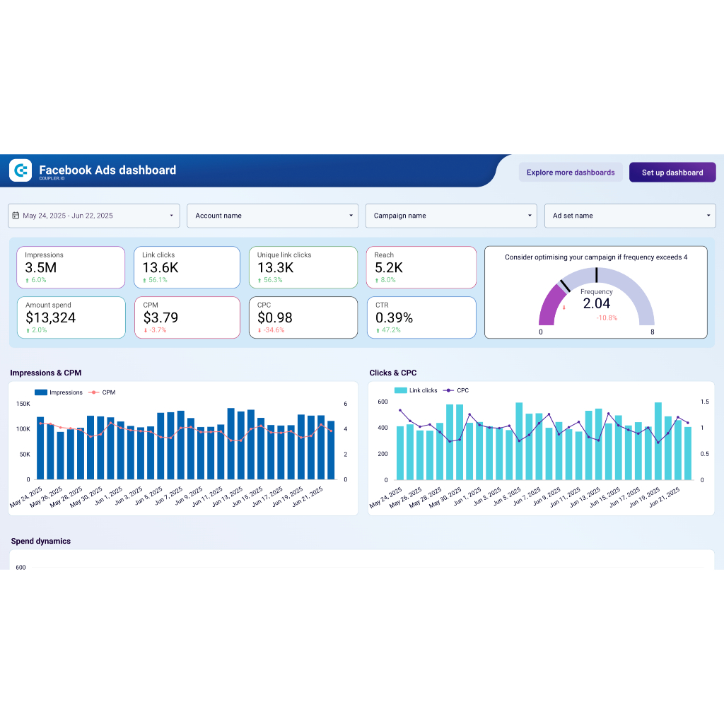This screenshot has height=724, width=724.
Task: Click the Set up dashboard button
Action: click(x=672, y=173)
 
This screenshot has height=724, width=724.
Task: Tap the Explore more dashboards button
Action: click(x=571, y=173)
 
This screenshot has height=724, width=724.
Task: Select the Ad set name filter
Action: click(x=629, y=216)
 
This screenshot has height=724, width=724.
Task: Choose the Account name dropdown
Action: click(x=272, y=216)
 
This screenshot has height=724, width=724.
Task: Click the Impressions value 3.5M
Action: click(x=41, y=268)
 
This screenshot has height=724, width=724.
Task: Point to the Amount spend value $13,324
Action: click(x=51, y=318)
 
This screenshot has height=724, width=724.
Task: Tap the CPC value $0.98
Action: click(x=275, y=318)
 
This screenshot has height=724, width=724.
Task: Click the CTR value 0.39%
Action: click(x=395, y=318)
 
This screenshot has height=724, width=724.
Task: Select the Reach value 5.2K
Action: click(x=389, y=268)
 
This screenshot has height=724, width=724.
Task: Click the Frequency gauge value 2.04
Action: click(x=596, y=304)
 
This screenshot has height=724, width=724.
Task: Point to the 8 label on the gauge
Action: click(x=652, y=332)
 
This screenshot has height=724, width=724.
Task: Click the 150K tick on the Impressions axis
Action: click(x=23, y=404)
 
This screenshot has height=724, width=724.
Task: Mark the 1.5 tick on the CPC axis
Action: click(x=705, y=402)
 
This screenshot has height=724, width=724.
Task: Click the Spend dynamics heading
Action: click(x=41, y=541)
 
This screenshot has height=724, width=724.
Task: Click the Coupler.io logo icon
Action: click(x=21, y=170)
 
